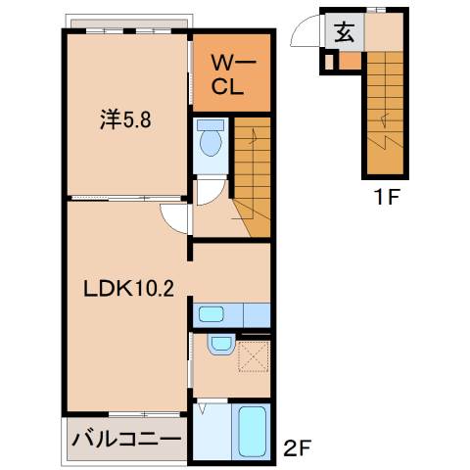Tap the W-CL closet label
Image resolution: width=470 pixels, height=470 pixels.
[229, 73]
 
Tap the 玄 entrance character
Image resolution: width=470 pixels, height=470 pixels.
[346, 32]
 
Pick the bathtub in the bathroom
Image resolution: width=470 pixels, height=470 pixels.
[254, 431]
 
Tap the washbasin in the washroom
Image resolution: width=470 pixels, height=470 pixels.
[220, 345]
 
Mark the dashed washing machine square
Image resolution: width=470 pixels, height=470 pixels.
[254, 354]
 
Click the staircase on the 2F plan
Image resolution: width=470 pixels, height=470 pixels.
[253, 176]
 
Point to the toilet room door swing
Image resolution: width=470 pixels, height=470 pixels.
[209, 192]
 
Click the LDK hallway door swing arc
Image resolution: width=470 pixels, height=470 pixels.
[175, 219]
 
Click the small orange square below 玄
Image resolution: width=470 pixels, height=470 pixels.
[344, 61]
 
